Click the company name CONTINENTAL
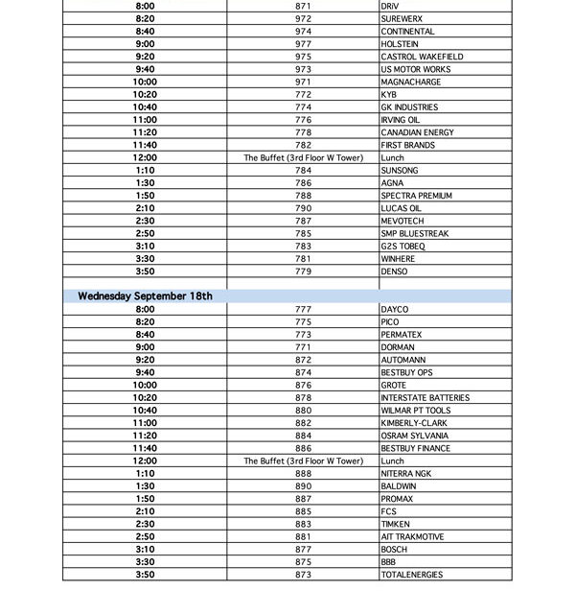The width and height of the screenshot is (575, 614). click(407, 32)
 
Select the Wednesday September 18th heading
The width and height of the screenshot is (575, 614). click(146, 296)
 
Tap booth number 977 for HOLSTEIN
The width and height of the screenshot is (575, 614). click(303, 44)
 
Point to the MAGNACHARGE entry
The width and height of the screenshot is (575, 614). click(409, 83)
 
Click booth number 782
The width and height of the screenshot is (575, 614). click(303, 145)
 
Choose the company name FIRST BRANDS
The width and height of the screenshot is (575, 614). click(407, 145)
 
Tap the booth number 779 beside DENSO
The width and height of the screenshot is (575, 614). click(303, 272)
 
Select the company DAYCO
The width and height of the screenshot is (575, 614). click(395, 310)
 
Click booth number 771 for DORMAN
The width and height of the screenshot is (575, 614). click(303, 347)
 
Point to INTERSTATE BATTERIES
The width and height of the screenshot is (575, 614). click(425, 398)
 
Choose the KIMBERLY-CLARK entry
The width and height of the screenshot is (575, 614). click(414, 423)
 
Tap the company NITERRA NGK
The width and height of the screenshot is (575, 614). click(406, 474)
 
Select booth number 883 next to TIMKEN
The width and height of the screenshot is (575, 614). click(303, 524)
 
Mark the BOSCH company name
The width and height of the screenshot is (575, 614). click(395, 550)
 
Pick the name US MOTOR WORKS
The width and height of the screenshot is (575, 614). click(415, 69)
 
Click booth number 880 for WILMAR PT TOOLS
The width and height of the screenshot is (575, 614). click(303, 411)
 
